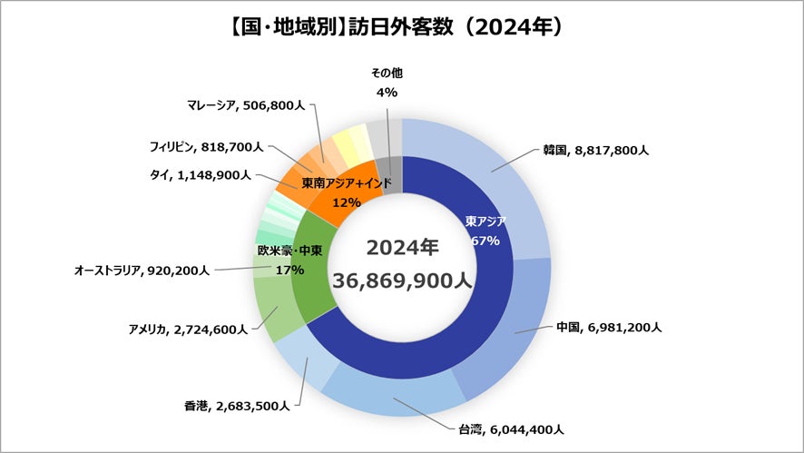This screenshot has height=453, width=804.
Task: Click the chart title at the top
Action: [x=402, y=26]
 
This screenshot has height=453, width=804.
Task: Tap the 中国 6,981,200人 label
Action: [x=608, y=326]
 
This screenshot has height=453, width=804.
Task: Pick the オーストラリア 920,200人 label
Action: [x=142, y=270]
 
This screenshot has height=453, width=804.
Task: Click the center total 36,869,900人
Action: [x=403, y=281]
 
